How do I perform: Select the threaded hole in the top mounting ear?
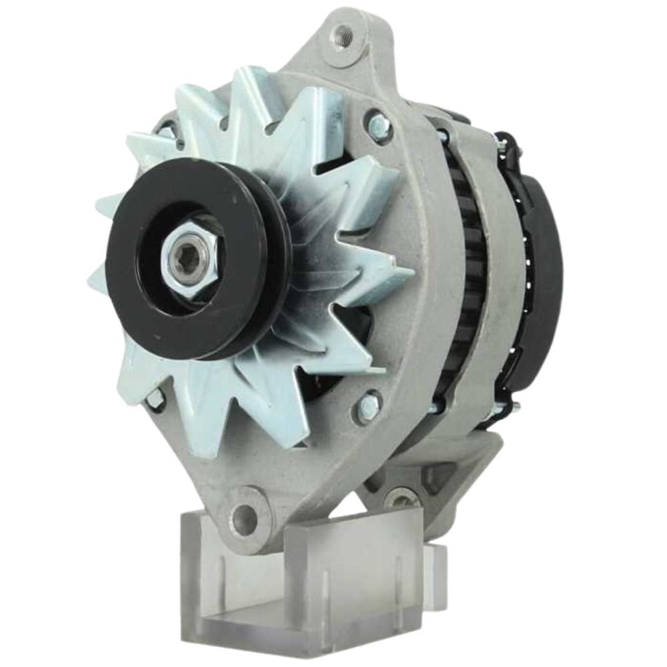(x=344, y=31)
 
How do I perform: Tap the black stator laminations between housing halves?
(x=464, y=267)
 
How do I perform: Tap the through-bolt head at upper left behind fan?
(x=165, y=131)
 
